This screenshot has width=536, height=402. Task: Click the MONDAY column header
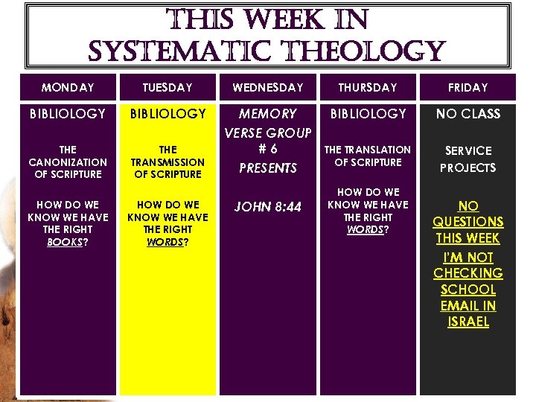tap(68, 88)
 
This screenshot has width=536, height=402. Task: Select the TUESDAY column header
tap(167, 88)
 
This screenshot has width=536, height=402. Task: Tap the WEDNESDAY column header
tap(268, 88)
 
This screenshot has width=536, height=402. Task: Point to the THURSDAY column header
tap(368, 88)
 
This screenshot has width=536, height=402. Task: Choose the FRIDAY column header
tap(468, 88)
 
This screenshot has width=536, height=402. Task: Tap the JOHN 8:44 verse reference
tap(268, 207)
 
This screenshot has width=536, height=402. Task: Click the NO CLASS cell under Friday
tap(468, 114)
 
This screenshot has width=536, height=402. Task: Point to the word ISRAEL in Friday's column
tap(468, 322)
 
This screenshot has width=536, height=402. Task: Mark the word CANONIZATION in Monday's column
tap(68, 162)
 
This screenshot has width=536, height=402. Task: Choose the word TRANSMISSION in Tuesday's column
tap(167, 162)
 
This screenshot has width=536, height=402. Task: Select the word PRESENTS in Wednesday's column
tap(268, 168)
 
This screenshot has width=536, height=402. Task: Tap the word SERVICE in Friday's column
tap(468, 150)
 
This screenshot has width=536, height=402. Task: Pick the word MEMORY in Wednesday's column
tap(268, 114)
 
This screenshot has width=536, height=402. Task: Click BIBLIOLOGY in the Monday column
tap(68, 114)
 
